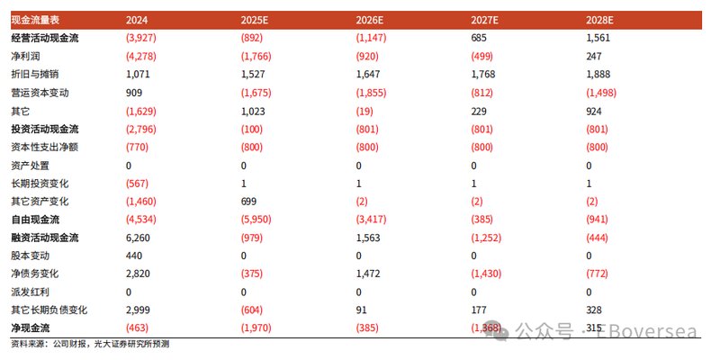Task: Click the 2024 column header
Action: pos(138,19)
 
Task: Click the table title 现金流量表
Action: pos(35,19)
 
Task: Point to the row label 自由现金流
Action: pos(36,220)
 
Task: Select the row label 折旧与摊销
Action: pos(36,74)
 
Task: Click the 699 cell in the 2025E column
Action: pos(250,202)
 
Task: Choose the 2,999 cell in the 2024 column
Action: pos(139,310)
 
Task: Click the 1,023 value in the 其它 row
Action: pos(255,111)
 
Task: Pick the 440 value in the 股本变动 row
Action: pos(135,256)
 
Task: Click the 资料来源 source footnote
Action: pos(90,344)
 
